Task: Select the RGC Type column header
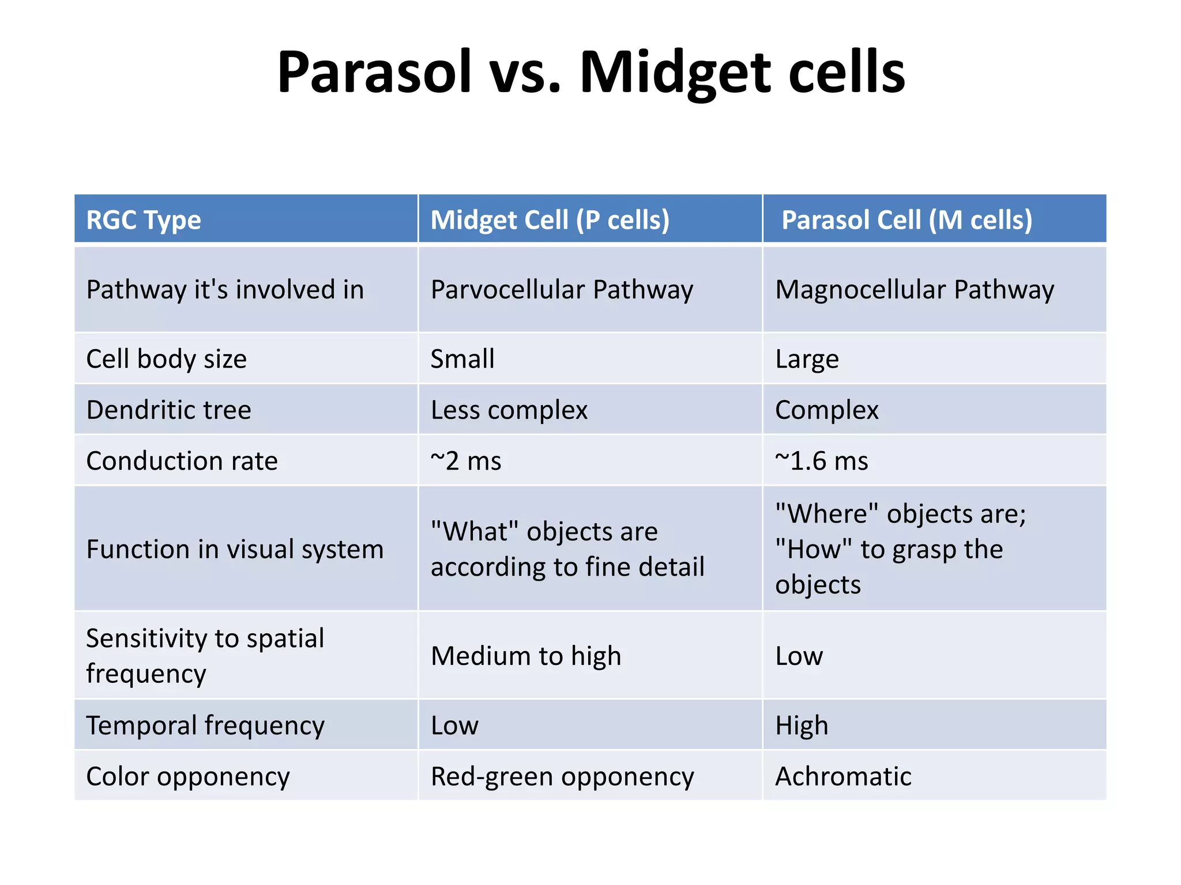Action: point(144,220)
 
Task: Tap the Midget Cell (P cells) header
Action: point(550,220)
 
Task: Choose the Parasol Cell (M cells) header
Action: point(907,220)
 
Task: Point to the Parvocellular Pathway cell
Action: point(562,290)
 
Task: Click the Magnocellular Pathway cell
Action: point(914,290)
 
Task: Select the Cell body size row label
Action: point(167,359)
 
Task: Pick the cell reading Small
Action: point(462,359)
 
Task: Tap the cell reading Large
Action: point(807,359)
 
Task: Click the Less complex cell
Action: point(509,410)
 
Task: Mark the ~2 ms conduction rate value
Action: point(466,461)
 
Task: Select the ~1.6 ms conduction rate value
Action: point(821,461)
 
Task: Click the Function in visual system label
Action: point(235,549)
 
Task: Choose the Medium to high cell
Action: point(526,656)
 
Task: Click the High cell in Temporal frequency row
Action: point(802,725)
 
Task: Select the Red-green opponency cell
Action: point(562,776)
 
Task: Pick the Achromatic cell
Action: point(843,776)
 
